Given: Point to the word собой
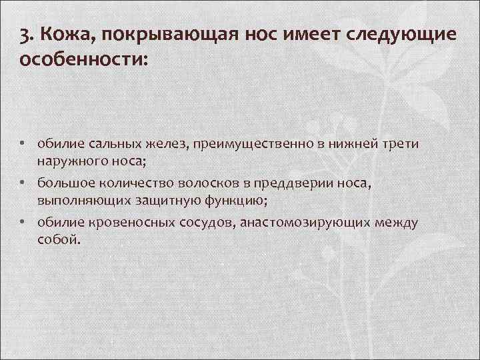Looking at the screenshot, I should pyautogui.click(x=58, y=238).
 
